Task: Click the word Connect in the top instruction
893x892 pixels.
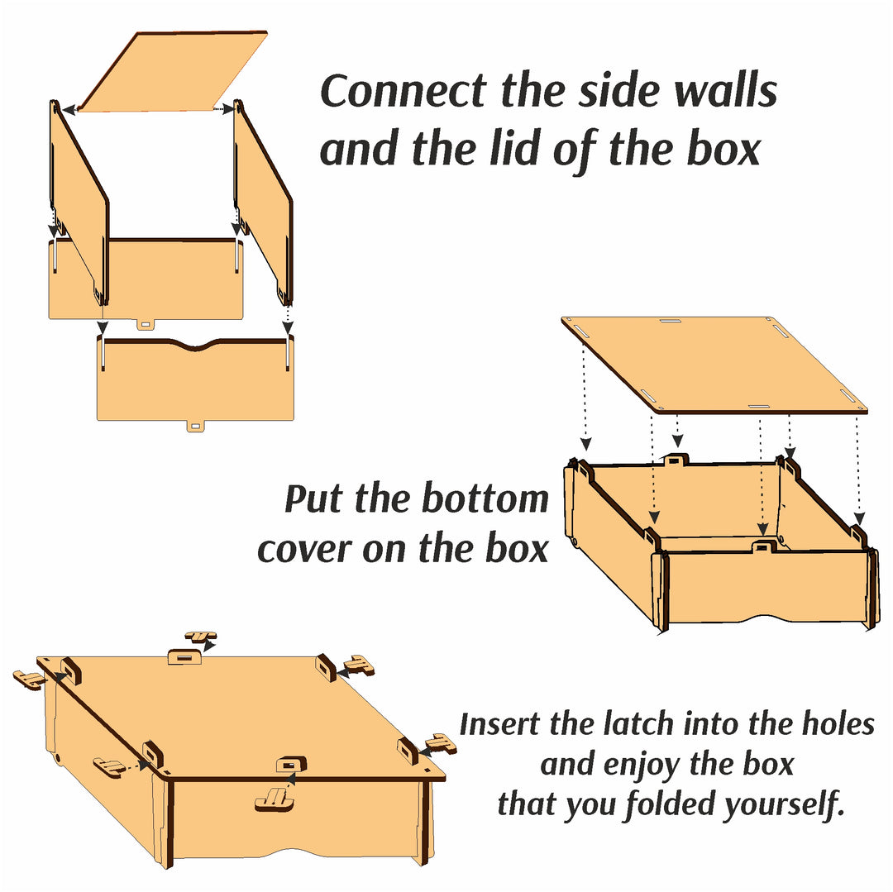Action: pos(404,91)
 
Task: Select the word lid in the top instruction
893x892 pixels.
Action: pos(514,149)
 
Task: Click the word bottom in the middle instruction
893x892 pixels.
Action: pos(485,499)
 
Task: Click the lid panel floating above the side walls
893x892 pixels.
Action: pos(173,72)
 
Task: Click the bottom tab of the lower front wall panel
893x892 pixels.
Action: pos(195,426)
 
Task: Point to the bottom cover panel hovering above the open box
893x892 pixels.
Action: pos(714,365)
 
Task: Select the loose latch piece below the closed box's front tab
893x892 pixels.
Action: pos(275,799)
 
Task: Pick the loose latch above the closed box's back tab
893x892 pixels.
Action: pos(200,637)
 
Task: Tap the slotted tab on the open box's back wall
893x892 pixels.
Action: pos(676,460)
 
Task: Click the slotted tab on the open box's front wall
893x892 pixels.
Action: pos(763,547)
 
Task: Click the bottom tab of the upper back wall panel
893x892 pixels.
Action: pos(146,324)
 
